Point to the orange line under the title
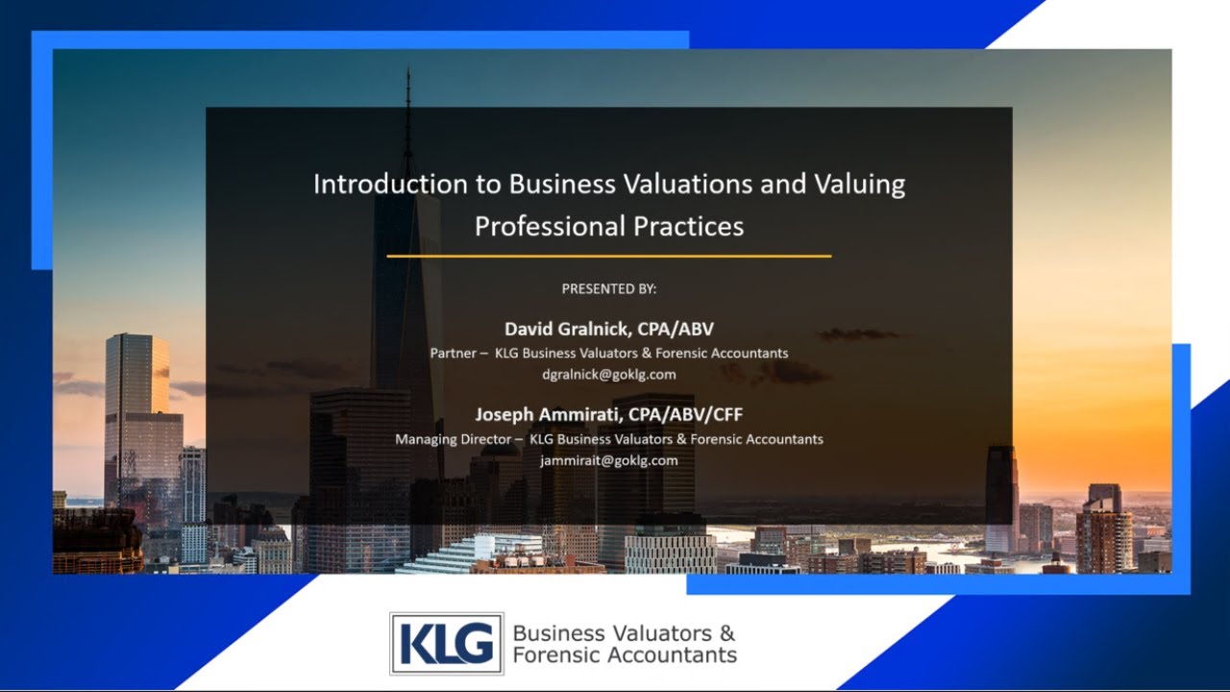point(609,257)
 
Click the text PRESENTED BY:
point(609,288)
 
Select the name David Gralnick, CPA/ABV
point(609,330)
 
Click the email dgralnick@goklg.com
point(609,374)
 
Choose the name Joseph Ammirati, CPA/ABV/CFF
point(609,414)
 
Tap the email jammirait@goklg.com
point(609,460)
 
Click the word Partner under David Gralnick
point(453,353)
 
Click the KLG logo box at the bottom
point(446,643)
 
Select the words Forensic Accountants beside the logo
point(625,655)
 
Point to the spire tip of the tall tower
point(407,73)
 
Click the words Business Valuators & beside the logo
point(624,633)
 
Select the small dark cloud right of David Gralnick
point(858,334)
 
